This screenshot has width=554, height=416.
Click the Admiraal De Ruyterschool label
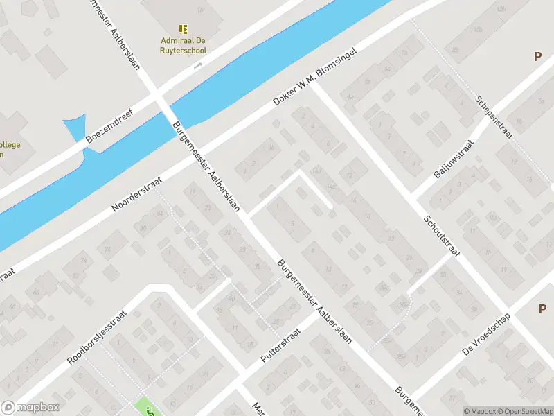click(183, 45)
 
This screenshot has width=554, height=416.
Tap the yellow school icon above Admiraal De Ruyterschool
click(183, 29)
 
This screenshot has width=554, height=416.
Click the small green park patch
click(146, 408)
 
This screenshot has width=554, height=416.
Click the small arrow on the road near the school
click(197, 65)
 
